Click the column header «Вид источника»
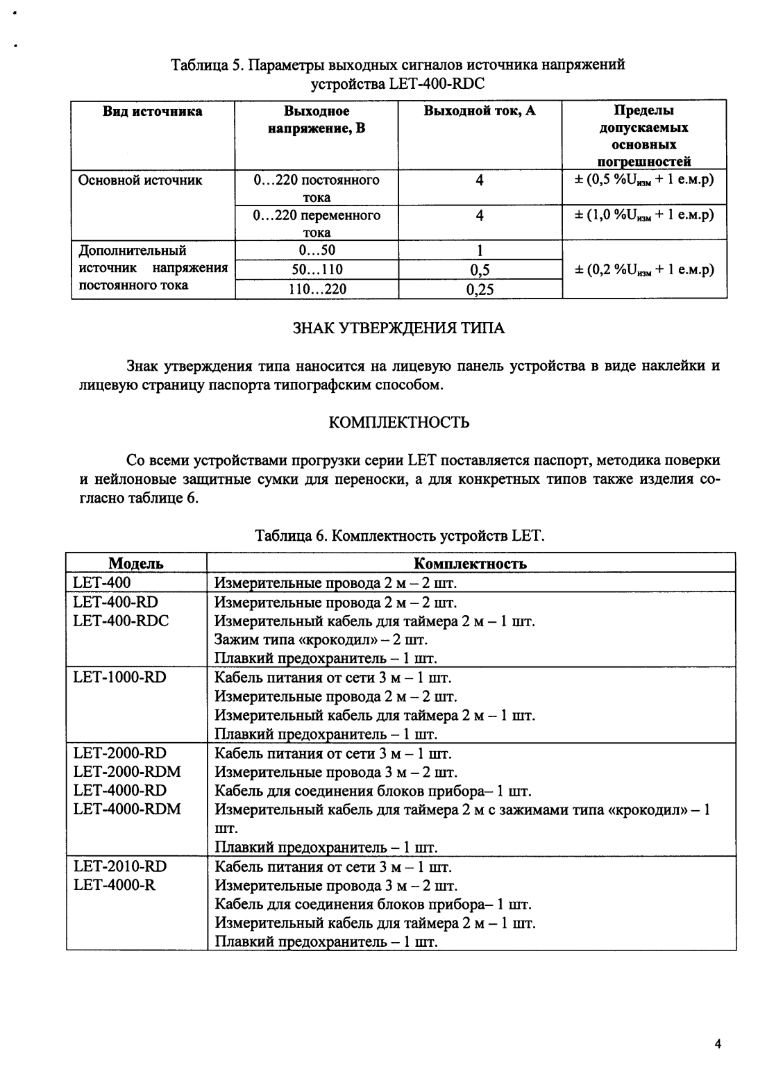point(153,111)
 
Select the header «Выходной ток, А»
point(480,111)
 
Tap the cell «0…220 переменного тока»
point(317,224)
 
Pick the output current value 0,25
point(480,289)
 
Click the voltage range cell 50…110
point(317,269)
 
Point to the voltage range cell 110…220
point(317,289)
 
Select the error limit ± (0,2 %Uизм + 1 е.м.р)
point(644,269)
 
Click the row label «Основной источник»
point(140,180)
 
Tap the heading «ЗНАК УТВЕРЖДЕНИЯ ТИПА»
point(398,328)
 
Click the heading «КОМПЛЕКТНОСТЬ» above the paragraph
point(398,422)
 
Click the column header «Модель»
point(136,564)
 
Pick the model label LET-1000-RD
point(119,677)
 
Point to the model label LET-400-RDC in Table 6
point(121,621)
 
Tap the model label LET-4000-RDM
point(126,809)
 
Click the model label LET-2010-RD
point(119,866)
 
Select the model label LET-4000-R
point(114,885)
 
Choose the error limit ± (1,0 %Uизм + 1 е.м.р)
point(644,215)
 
